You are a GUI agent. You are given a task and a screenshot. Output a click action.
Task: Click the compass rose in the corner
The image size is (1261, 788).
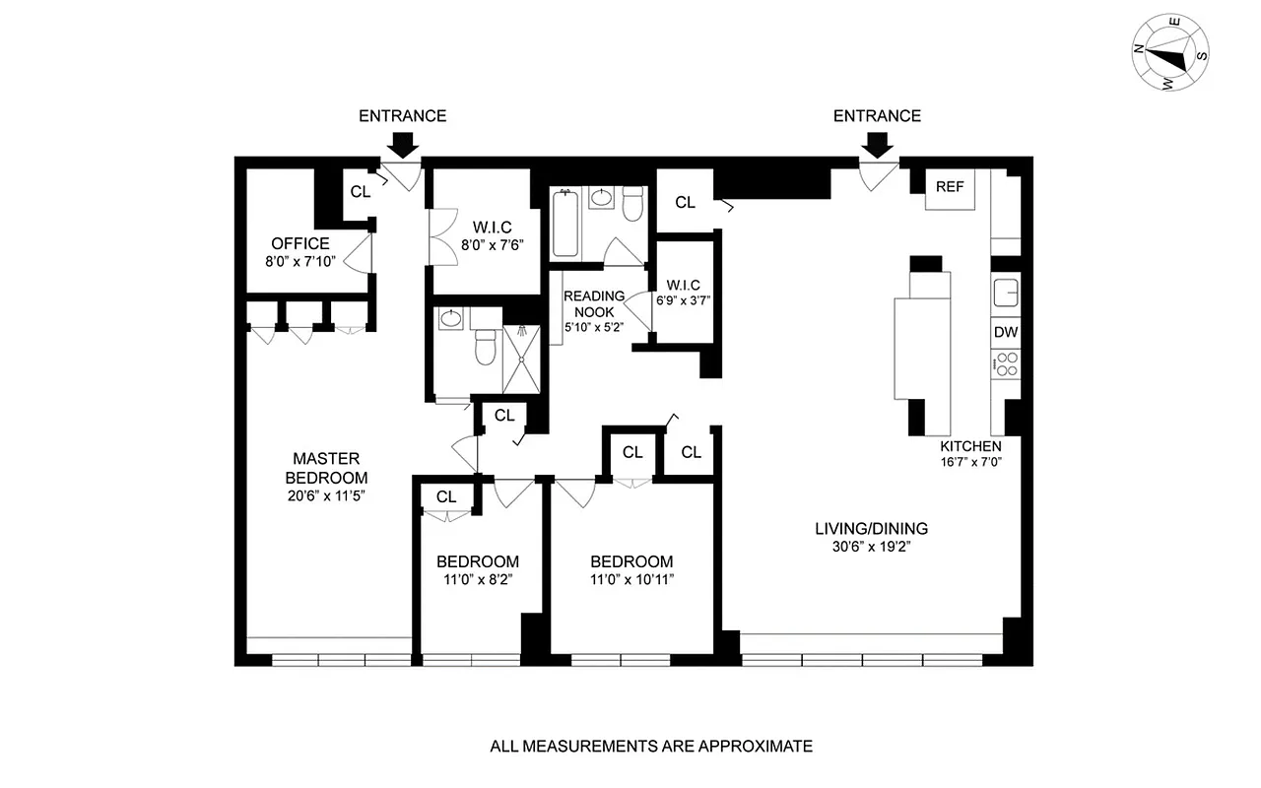coord(1171,57)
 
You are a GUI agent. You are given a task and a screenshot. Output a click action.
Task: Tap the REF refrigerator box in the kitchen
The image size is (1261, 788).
coord(950,187)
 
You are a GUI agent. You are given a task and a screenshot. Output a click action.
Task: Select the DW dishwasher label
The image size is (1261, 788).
coord(1005,332)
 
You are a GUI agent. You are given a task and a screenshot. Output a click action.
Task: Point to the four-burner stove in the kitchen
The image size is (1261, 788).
coord(1005,367)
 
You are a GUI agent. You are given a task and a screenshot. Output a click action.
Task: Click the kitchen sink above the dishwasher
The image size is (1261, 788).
coord(1005,293)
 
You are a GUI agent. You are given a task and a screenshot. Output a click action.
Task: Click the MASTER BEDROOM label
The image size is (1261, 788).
coord(326,468)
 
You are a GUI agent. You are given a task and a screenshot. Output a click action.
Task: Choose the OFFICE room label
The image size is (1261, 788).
coord(300,243)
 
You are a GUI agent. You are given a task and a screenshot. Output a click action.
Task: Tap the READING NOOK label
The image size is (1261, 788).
coord(594,304)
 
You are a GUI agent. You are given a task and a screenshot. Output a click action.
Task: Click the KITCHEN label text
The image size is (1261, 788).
coord(970,446)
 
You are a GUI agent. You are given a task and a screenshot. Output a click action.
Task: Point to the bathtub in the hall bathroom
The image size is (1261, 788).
coord(565,224)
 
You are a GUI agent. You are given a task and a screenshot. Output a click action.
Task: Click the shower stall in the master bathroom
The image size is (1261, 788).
coord(521,359)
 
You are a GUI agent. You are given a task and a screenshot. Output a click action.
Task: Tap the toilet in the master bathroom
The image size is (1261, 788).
coord(485,348)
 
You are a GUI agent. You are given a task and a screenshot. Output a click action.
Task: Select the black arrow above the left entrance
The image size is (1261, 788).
coord(401,145)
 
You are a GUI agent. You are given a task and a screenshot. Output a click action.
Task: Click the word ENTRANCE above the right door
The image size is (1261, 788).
coord(877,116)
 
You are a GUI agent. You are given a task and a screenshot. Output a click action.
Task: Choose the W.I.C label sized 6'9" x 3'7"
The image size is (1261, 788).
coord(683,293)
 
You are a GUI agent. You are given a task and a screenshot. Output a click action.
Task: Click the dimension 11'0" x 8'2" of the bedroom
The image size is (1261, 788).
coord(478,580)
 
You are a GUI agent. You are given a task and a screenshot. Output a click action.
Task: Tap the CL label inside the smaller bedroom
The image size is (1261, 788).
coord(446,496)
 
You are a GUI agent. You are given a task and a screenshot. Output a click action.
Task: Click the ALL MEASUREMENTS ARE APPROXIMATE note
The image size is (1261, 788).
coord(651,746)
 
